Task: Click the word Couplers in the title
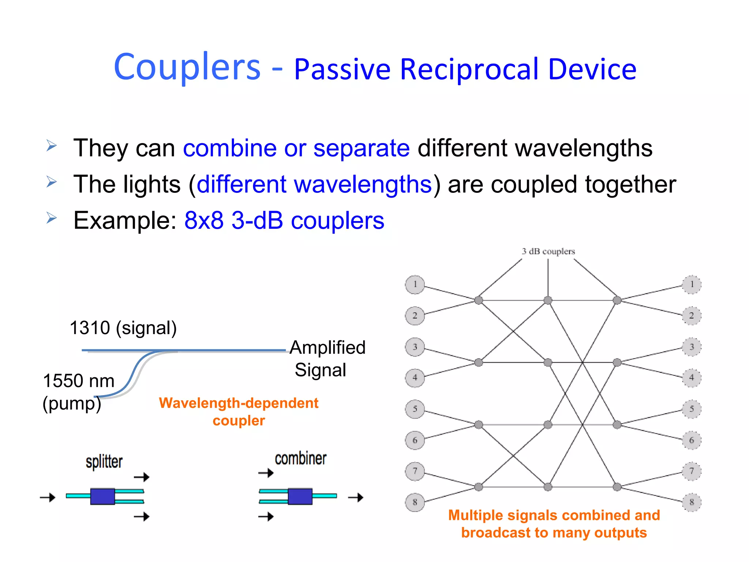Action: [187, 67]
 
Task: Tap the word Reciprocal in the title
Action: [469, 70]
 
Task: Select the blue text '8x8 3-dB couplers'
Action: [284, 221]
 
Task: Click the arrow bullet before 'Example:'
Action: [52, 218]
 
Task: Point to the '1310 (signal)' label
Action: [123, 328]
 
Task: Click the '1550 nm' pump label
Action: [79, 381]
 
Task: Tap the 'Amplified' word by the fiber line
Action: [327, 348]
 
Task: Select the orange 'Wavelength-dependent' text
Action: [238, 403]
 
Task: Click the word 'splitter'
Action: [104, 462]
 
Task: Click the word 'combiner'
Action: [300, 459]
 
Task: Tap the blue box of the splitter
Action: [102, 497]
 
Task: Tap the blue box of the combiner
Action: [300, 497]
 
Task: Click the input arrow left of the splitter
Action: [48, 497]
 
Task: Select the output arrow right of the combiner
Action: [355, 497]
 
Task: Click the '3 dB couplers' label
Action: [548, 251]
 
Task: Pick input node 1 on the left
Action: [415, 285]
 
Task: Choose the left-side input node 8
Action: [415, 502]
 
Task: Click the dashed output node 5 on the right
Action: [692, 409]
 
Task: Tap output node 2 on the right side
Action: [692, 316]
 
